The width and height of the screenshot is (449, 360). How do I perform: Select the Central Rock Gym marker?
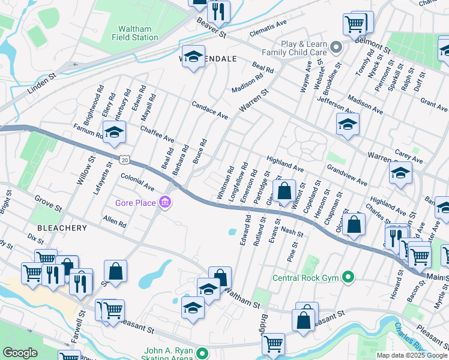click(347, 277)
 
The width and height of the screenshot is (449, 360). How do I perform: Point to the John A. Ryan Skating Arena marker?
click(203, 353)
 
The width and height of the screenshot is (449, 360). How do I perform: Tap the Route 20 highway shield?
click(124, 160)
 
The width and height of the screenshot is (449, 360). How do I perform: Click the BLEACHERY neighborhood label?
click(62, 228)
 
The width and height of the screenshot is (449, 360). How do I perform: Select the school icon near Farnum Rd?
click(113, 133)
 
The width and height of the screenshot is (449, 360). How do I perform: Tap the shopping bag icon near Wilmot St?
click(285, 192)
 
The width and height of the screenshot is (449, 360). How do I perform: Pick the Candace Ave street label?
click(210, 109)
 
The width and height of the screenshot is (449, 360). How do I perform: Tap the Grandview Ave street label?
click(346, 173)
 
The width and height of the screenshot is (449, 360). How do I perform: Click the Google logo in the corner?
click(20, 353)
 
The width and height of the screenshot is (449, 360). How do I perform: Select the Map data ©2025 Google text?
click(412, 355)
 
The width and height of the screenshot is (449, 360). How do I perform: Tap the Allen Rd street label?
click(115, 222)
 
